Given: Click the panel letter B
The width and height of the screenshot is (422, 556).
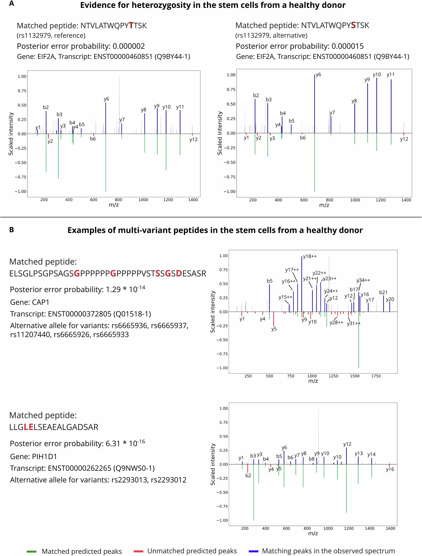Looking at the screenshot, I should [x=11, y=229].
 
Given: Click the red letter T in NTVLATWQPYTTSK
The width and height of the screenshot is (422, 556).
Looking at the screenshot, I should [x=131, y=26].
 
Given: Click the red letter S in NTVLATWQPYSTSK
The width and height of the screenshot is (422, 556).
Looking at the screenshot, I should [x=353, y=25].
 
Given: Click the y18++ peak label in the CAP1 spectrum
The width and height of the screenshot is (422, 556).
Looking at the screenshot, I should [x=310, y=256].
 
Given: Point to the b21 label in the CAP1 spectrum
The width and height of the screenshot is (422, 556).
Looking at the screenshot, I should [x=383, y=292].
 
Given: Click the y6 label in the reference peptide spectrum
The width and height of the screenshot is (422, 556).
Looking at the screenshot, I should [x=106, y=99].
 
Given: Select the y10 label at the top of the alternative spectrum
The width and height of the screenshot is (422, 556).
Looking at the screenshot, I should [x=377, y=74].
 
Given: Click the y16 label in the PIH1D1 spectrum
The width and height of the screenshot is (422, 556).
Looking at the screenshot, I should [x=390, y=469].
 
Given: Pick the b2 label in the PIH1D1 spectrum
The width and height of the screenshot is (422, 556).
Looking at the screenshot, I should [x=248, y=476].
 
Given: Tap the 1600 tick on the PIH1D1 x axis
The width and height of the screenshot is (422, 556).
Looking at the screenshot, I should [x=390, y=528].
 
